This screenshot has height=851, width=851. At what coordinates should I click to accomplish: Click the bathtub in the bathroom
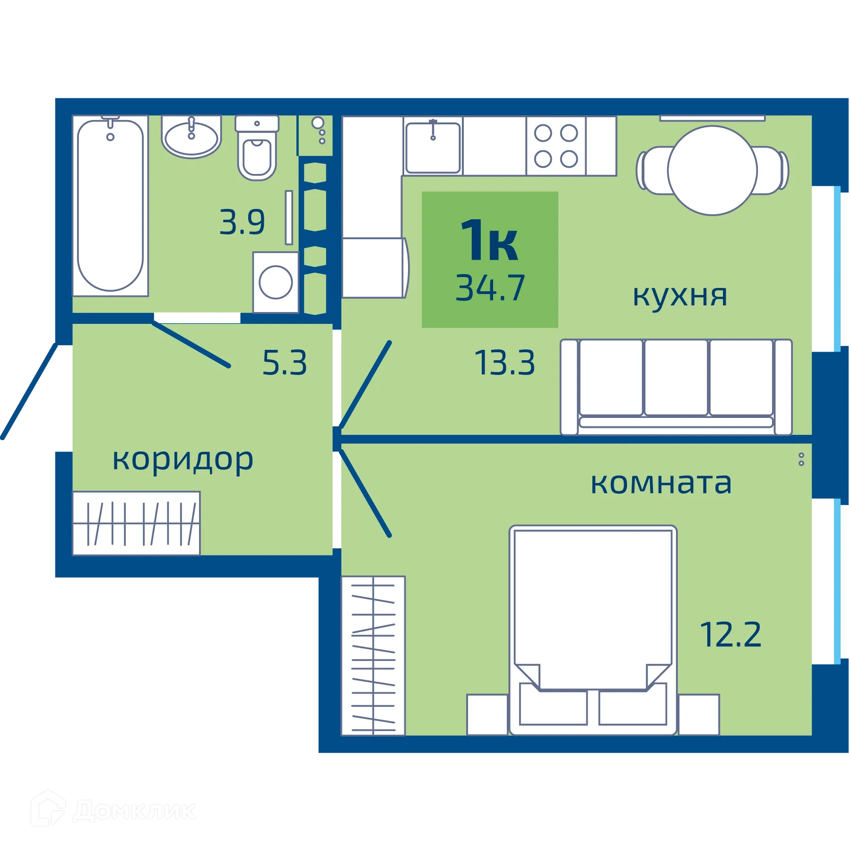pyautogui.click(x=110, y=206)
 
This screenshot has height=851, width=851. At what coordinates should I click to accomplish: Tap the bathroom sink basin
pyautogui.click(x=191, y=138)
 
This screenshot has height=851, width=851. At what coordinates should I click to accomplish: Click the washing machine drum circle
pyautogui.click(x=276, y=282)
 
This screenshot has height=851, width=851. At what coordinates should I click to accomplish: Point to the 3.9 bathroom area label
pyautogui.click(x=242, y=222)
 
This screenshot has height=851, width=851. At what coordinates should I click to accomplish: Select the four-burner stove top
pyautogui.click(x=556, y=146)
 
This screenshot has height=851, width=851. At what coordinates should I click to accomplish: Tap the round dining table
pyautogui.click(x=712, y=171)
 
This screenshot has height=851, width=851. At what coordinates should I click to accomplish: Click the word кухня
pyautogui.click(x=680, y=295)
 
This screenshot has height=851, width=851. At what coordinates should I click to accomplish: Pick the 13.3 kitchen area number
pyautogui.click(x=505, y=363)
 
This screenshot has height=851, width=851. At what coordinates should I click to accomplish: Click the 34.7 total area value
pyautogui.click(x=490, y=288)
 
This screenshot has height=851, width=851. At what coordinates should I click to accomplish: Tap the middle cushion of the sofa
pyautogui.click(x=676, y=377)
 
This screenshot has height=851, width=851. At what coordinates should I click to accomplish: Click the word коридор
pyautogui.click(x=183, y=460)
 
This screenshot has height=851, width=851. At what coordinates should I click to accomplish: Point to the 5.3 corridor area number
pyautogui.click(x=285, y=363)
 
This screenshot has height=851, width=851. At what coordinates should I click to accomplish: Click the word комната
pyautogui.click(x=661, y=483)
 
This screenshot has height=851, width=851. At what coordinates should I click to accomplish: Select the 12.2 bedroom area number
pyautogui.click(x=730, y=634)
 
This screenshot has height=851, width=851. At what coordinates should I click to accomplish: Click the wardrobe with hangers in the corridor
pyautogui.click(x=136, y=523)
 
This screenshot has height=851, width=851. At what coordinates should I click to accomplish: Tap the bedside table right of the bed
pyautogui.click(x=699, y=714)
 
